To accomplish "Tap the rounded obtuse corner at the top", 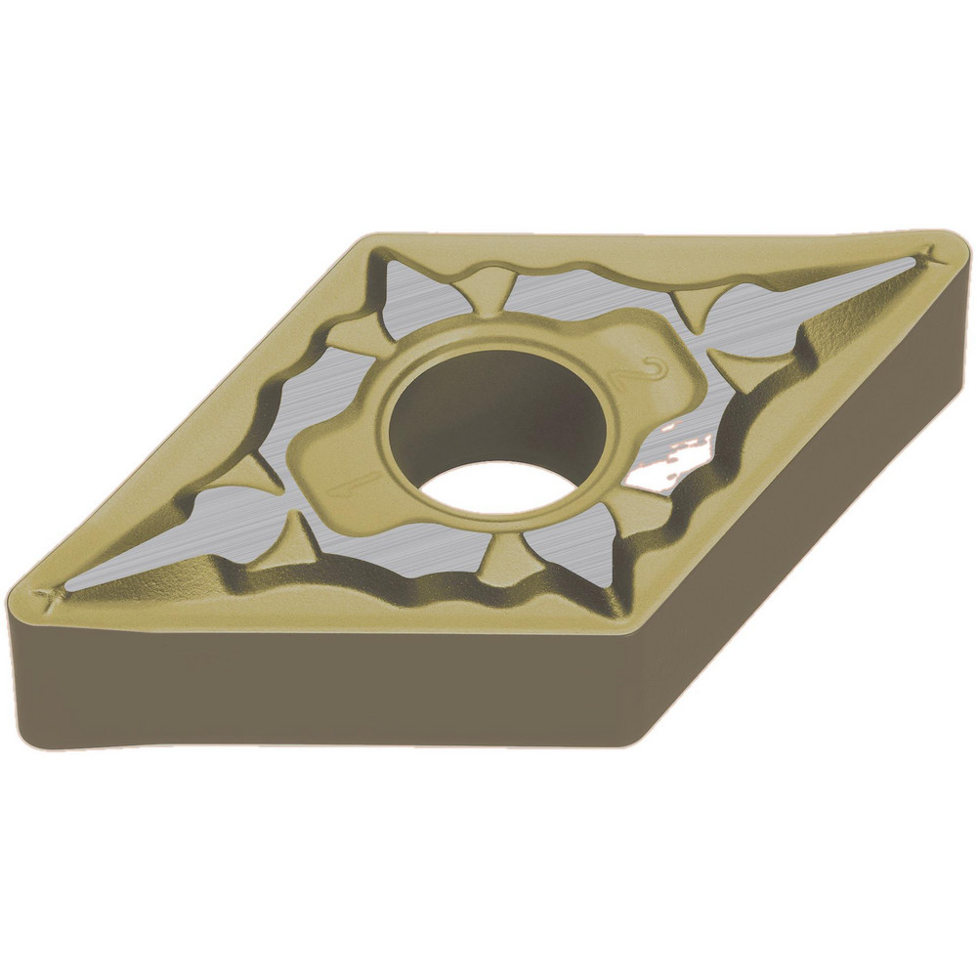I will [376, 239].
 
